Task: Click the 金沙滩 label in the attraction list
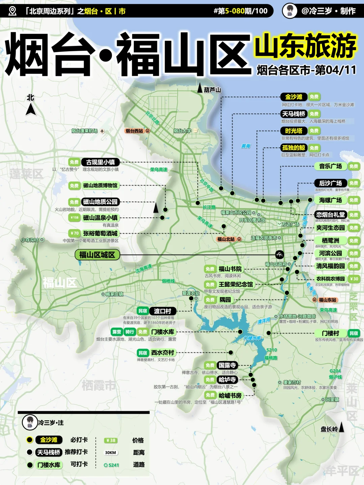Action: coord(294,97)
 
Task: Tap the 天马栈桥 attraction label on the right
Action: coord(294,114)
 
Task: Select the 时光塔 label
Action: coord(294,131)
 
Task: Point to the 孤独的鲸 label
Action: coord(294,148)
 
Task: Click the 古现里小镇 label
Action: coord(100,162)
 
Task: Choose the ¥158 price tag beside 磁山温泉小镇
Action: coord(74,218)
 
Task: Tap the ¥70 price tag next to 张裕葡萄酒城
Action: coord(74,233)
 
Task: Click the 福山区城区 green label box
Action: coord(97,255)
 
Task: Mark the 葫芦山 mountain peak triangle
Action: coord(200,88)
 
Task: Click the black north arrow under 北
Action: coord(31,109)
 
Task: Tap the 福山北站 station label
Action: coord(226,239)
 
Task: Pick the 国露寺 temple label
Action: coord(227,365)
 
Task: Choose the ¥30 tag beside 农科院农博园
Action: coord(354,279)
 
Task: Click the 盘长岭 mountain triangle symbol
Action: coord(341,427)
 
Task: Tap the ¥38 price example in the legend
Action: coord(111,440)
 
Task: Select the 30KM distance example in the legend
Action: coord(111,453)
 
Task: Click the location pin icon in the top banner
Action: coord(12,11)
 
